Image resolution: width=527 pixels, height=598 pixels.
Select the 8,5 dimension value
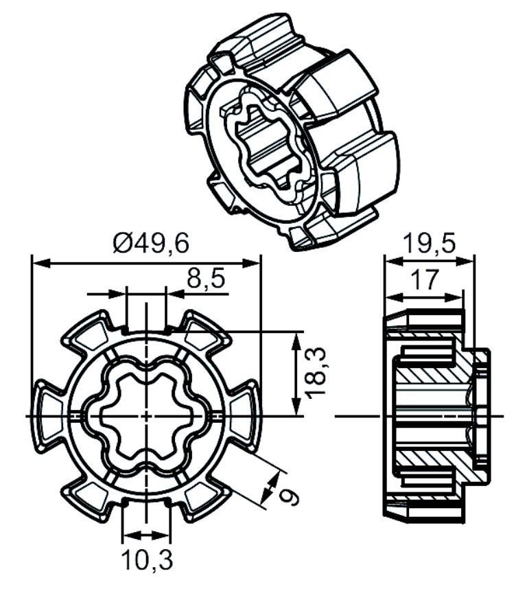pos(206,279)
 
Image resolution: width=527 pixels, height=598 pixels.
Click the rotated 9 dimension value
pos(288,496)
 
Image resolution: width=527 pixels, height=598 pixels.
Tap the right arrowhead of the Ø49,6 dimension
pos(252,263)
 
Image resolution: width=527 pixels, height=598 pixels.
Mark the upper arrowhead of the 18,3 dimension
pos(296,341)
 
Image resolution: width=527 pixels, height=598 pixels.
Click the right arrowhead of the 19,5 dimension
pos(465,261)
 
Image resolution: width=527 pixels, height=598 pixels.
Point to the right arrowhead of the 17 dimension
pos(454,297)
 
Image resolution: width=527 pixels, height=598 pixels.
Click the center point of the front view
pos(146,415)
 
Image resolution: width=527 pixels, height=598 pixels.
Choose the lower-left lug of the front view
pos(89,499)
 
